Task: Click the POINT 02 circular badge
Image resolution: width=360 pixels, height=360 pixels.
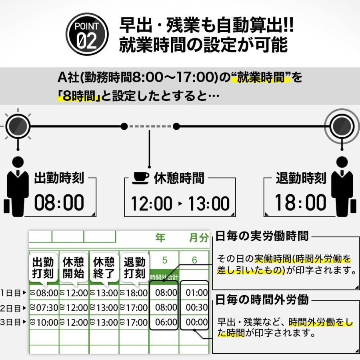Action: [87, 34]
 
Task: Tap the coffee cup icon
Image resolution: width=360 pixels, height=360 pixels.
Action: [140, 178]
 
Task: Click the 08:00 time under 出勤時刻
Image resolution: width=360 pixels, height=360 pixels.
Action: [59, 203]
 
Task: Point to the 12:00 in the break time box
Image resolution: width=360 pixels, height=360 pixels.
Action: [151, 204]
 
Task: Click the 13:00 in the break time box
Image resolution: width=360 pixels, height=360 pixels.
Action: [209, 204]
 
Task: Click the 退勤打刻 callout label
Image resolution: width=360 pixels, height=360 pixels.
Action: [134, 268]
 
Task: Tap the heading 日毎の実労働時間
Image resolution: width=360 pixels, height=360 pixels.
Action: [262, 236]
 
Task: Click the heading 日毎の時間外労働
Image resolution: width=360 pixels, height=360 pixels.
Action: [262, 299]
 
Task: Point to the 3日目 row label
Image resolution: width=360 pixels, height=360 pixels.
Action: [10, 322]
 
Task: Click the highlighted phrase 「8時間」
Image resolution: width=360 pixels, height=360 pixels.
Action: [78, 96]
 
